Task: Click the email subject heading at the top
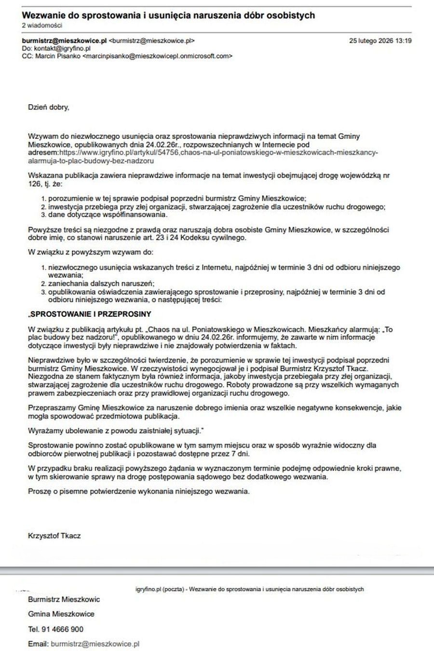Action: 168,15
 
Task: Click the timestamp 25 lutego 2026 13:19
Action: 380,41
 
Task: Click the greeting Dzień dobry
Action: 49,107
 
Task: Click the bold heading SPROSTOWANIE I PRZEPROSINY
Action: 91,314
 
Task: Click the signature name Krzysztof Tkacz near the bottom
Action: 54,536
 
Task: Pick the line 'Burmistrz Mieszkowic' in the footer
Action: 64,599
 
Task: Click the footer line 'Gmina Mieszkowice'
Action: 61,614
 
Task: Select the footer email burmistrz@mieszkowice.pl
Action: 95,644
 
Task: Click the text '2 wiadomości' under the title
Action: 42,26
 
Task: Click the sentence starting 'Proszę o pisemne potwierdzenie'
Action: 139,491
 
